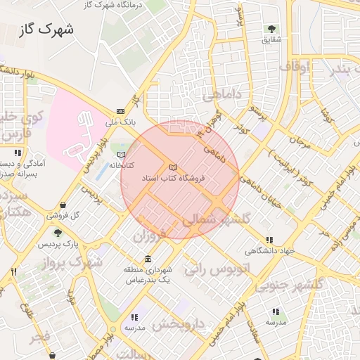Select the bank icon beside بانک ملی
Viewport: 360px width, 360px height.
(x=120, y=111)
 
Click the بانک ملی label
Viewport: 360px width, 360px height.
(x=119, y=122)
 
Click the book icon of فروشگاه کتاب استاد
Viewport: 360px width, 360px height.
(x=173, y=167)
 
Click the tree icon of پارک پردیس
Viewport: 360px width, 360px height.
(x=58, y=233)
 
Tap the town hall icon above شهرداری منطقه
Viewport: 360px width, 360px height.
(x=148, y=259)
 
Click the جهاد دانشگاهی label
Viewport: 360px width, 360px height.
(x=269, y=251)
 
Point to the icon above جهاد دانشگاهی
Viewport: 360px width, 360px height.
(x=269, y=240)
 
